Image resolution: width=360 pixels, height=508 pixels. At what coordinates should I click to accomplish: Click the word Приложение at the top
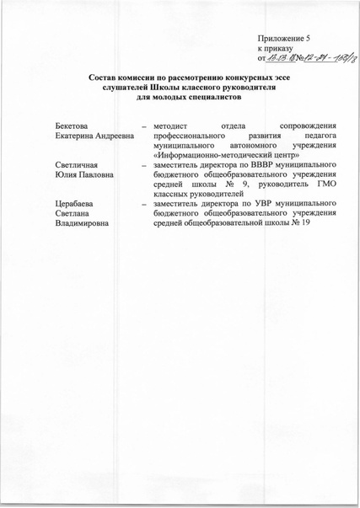[281, 39]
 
